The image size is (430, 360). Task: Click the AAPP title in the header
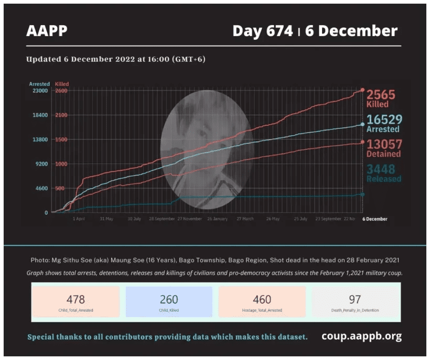47,31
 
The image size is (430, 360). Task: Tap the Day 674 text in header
263,31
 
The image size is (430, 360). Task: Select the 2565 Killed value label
380,98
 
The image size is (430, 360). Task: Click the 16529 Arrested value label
383,124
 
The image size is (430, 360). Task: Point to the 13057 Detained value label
383,148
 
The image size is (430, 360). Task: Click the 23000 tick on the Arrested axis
40,91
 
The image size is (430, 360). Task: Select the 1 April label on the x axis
79,219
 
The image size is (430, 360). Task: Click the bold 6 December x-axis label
375,219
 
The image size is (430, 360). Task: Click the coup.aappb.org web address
361,336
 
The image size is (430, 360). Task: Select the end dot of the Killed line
362,90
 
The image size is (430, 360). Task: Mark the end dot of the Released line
362,194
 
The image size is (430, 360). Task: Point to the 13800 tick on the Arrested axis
40,139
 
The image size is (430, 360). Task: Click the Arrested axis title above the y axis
39,84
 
